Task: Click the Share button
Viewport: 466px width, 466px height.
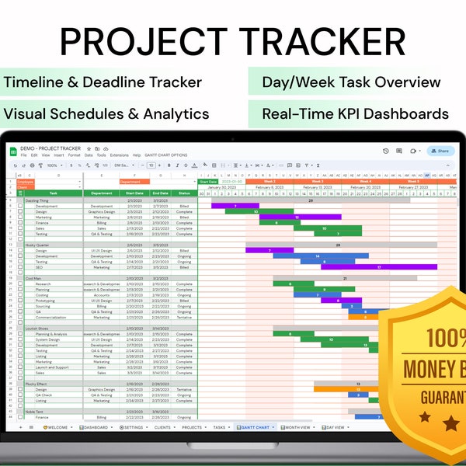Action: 440,151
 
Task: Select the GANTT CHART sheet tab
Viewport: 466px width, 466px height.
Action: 255,427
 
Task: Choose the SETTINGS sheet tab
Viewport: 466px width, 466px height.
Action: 134,427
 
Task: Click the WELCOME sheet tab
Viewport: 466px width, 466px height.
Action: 57,427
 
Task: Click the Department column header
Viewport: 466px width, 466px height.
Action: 101,193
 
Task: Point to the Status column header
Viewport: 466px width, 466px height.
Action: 184,193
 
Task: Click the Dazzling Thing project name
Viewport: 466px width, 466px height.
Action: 38,200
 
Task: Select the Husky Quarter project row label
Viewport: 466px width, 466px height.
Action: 38,245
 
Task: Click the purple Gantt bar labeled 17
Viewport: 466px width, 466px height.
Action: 379,267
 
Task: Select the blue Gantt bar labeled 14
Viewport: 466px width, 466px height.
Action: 320,256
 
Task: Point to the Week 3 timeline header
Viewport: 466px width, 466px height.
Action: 317,182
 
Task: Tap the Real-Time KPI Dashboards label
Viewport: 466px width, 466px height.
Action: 355,113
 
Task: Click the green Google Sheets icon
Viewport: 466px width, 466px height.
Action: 13,151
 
